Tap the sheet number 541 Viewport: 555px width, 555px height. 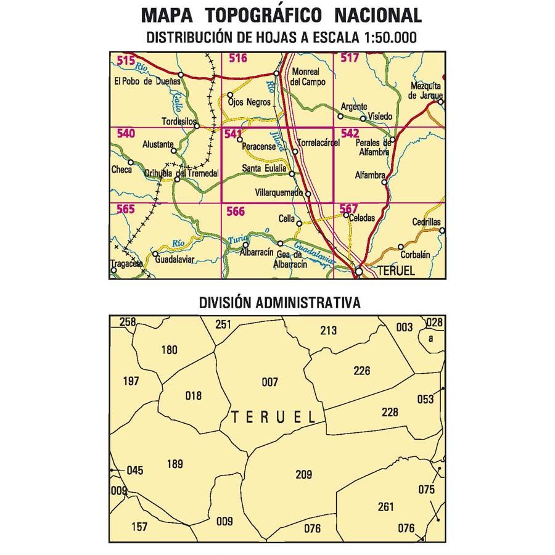click(x=234, y=134)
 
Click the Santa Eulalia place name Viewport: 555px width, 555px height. click(x=265, y=168)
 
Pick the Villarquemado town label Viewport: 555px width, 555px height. click(x=279, y=192)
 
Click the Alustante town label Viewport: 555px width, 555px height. click(x=154, y=144)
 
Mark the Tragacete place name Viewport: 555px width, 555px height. click(x=126, y=264)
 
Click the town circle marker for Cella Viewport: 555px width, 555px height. click(x=299, y=224)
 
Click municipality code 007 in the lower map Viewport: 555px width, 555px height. click(x=269, y=382)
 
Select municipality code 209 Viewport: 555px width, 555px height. click(x=303, y=474)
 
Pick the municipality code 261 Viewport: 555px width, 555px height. click(x=385, y=507)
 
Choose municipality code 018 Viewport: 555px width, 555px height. click(x=193, y=395)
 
